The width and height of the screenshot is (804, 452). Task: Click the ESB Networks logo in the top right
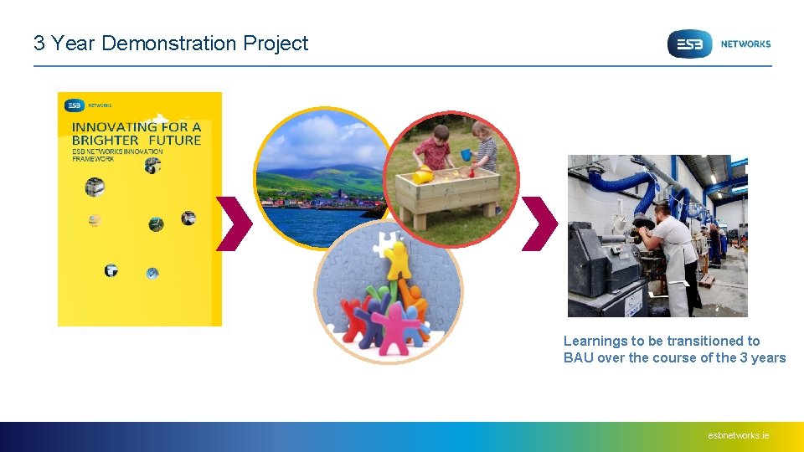click(718, 44)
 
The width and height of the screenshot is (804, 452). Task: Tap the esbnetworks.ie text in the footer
click(738, 435)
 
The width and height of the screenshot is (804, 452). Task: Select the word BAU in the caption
click(578, 358)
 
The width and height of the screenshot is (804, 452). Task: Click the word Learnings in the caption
click(595, 341)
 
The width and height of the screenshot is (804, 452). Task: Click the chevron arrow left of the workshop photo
click(539, 223)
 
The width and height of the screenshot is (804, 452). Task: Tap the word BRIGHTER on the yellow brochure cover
click(105, 140)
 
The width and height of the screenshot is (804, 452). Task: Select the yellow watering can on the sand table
click(423, 175)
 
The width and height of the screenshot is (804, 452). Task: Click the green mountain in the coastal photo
click(335, 176)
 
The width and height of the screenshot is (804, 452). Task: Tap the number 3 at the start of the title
click(39, 44)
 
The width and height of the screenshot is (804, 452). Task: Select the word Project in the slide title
click(276, 44)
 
